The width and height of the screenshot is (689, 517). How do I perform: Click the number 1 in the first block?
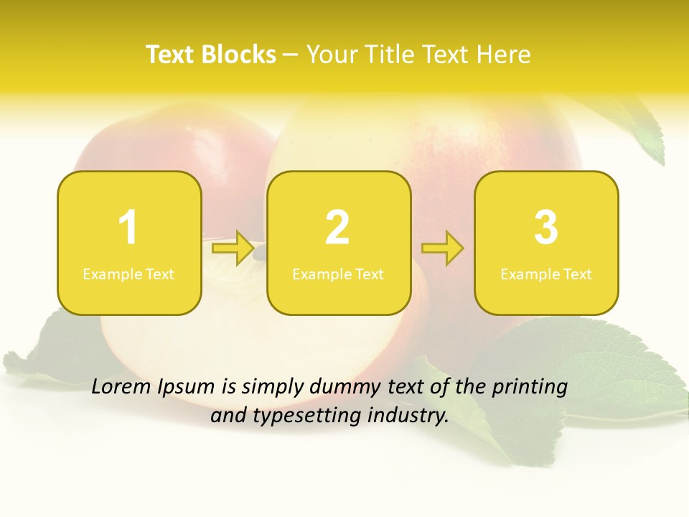[x=128, y=228]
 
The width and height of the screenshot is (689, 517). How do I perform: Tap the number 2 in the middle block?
[x=337, y=228]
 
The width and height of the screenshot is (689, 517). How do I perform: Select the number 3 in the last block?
[x=546, y=228]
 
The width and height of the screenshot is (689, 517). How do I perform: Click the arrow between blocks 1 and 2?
[x=233, y=248]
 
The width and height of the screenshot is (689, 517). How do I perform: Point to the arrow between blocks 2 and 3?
[x=442, y=248]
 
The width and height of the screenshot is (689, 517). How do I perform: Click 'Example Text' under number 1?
[x=128, y=274]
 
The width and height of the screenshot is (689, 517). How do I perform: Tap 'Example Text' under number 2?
[x=338, y=274]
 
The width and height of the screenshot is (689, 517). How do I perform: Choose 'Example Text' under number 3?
[x=546, y=274]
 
